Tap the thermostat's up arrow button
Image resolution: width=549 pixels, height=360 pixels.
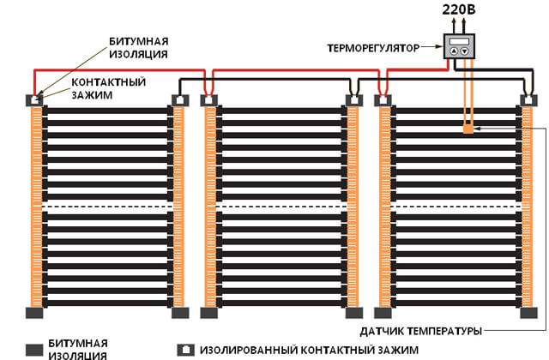pos(454,51)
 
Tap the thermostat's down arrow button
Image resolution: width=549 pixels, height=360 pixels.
pos(464,51)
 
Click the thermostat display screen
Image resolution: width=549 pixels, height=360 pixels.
pos(459,41)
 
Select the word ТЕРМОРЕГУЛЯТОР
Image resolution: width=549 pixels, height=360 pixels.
pos(373,48)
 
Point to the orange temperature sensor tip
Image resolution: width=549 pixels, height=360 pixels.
pos(468,129)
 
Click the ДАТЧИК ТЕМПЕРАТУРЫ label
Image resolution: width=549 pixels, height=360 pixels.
pos(421,331)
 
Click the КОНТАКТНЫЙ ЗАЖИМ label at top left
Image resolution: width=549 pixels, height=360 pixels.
pos(109,88)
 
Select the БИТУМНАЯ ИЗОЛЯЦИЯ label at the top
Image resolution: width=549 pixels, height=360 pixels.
pos(139,48)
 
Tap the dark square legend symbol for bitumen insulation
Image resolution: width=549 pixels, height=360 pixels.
pos(34,351)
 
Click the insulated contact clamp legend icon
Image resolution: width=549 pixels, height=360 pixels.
pos(185,350)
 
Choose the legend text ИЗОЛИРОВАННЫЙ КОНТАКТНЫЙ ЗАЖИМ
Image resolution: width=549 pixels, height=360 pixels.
pos(309,351)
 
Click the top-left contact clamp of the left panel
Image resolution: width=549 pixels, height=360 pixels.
pos(34,100)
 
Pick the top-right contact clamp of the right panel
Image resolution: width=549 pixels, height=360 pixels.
pos(528,100)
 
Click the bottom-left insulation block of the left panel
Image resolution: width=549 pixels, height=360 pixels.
pos(34,312)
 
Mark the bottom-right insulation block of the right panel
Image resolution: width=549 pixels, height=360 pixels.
pos(528,312)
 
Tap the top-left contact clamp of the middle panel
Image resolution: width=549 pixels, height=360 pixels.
pos(208,100)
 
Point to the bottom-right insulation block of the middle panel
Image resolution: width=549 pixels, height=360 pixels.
pos(354,312)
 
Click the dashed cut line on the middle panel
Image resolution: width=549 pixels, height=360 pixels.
pos(281,207)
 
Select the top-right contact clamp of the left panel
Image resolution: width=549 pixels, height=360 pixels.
pos(180,100)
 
